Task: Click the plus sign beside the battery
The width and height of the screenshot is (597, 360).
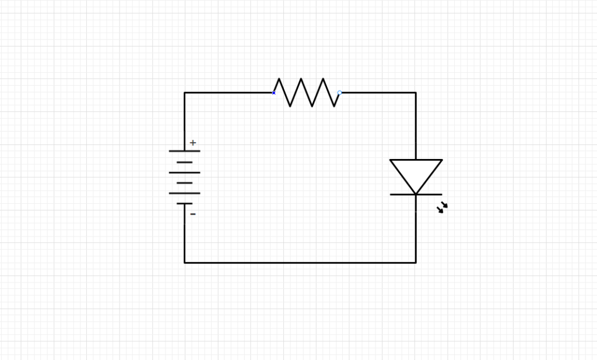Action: (193, 143)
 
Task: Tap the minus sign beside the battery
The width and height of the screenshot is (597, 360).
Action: (193, 214)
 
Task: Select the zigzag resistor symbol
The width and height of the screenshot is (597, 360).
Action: (307, 93)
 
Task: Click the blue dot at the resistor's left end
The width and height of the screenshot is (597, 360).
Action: (274, 93)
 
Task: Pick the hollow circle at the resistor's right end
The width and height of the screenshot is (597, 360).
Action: (340, 93)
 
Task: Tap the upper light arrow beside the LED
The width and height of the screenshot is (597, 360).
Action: (444, 204)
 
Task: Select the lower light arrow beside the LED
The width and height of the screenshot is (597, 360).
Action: (440, 210)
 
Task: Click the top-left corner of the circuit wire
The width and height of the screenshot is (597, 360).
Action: (185, 93)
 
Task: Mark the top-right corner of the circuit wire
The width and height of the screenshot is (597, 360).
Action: (416, 93)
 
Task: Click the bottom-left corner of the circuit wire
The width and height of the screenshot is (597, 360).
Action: (185, 263)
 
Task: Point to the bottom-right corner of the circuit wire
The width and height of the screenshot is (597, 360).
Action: (416, 263)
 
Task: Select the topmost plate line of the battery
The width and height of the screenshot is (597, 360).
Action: (185, 151)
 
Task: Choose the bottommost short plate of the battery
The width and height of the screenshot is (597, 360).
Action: (185, 203)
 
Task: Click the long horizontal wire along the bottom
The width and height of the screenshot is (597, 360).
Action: (300, 263)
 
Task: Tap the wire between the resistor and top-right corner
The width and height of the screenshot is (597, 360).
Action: (378, 93)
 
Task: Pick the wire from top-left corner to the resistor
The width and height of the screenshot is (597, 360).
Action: (229, 93)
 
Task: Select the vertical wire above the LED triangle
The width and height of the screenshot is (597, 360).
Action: (416, 125)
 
